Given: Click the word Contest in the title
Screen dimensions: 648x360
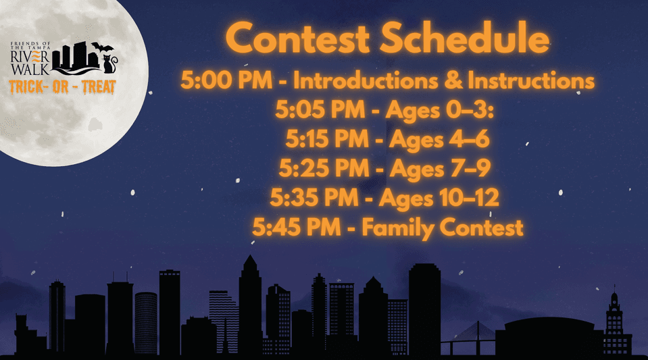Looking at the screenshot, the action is click(297, 38).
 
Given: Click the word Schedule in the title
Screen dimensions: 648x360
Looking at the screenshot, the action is click(464, 37).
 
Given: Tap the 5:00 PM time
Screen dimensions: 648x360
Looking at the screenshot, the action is click(226, 80).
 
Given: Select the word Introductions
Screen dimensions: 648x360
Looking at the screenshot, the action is click(366, 80).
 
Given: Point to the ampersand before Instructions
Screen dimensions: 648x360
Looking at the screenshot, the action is click(454, 80).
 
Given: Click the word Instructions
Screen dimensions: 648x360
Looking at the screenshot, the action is click(531, 80).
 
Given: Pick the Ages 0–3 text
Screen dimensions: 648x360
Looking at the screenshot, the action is click(440, 111).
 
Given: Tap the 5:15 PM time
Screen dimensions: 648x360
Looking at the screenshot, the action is click(327, 139).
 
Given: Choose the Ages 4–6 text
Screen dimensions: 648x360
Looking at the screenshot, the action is click(439, 140).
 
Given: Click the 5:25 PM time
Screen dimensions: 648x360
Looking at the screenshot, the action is click(324, 168).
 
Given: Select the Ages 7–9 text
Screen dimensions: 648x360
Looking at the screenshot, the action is click(440, 169).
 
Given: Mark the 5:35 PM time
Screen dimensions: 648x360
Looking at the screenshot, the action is click(314, 198).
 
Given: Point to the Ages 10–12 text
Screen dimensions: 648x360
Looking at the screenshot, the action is click(439, 199).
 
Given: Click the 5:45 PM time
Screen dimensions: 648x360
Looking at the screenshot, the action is click(297, 228).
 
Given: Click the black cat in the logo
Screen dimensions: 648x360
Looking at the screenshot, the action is click(109, 64).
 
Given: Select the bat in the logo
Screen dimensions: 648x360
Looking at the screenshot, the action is click(102, 47).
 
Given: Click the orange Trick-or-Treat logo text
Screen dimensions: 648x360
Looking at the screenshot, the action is click(62, 87).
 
